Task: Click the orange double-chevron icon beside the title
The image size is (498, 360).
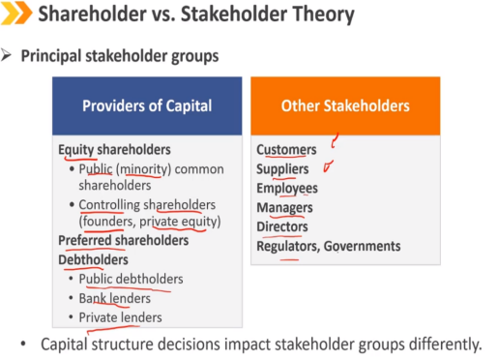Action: pos(16,13)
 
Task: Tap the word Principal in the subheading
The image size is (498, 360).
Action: pos(51,56)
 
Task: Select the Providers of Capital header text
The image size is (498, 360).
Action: pos(147,105)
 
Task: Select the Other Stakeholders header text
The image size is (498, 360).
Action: pos(345,105)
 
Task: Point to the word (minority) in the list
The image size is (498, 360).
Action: pos(143,169)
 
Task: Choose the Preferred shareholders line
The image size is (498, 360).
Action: pos(124,241)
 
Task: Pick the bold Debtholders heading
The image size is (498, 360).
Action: pos(93,260)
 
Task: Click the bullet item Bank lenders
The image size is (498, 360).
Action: pos(115,298)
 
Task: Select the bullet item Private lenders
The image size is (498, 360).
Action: pos(120,317)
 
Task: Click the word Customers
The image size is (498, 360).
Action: pos(286,150)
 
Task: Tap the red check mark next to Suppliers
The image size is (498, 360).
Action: pos(328,166)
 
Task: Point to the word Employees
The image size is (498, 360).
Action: pos(287,189)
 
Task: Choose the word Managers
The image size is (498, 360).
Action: pos(284,208)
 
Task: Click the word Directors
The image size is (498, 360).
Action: pos(282,226)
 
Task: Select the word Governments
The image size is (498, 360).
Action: pos(362,246)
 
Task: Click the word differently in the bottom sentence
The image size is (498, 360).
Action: pos(445,345)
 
